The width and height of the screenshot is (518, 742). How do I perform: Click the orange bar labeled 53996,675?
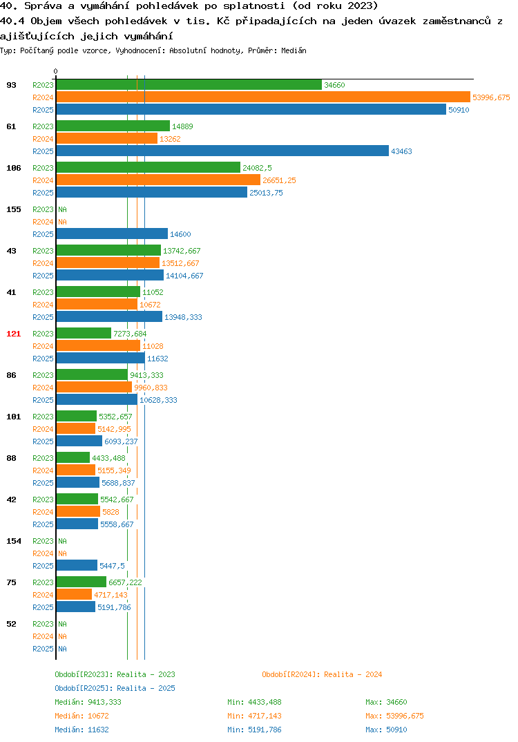264,97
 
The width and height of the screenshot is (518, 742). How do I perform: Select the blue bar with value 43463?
222,151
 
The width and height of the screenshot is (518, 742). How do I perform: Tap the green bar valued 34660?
189,85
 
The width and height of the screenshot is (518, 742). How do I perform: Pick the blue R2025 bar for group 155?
112,234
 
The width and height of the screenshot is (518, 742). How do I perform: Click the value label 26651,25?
279,180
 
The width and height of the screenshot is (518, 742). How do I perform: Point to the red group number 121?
14,334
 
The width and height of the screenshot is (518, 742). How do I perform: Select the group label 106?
14,168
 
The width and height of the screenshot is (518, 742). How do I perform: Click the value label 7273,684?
130,334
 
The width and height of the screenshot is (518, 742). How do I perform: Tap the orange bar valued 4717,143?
75,594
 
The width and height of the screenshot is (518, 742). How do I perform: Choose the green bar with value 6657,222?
81,582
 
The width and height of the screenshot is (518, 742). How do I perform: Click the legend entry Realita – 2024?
322,674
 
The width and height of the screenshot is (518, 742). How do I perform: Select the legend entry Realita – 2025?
115,688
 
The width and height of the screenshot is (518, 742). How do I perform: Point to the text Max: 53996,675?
394,716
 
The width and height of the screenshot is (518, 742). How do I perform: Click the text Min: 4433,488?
254,702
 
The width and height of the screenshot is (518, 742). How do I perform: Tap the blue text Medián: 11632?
81,730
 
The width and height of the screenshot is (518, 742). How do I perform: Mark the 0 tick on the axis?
56,71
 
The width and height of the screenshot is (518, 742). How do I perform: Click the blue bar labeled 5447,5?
77,565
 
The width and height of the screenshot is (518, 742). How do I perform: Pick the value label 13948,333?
183,317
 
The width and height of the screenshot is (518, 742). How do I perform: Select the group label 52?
11,624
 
